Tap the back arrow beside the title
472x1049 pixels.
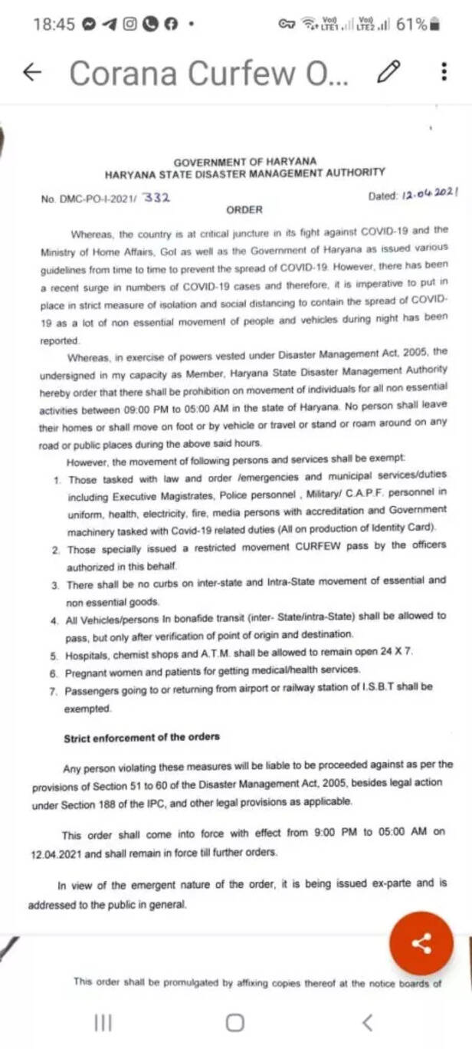[32, 72]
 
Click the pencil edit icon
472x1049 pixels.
[389, 72]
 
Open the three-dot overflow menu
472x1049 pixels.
[444, 72]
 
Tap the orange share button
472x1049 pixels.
[421, 942]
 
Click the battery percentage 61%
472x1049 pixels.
[411, 25]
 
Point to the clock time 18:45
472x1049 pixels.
[54, 25]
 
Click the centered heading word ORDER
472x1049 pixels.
[244, 209]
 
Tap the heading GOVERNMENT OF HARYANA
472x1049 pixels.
[244, 162]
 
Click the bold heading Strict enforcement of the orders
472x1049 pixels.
[142, 737]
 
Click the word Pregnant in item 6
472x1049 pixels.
[88, 669]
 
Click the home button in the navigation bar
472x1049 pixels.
[235, 1021]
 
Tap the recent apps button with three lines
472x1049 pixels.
[103, 1021]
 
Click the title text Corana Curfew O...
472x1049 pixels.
[208, 73]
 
